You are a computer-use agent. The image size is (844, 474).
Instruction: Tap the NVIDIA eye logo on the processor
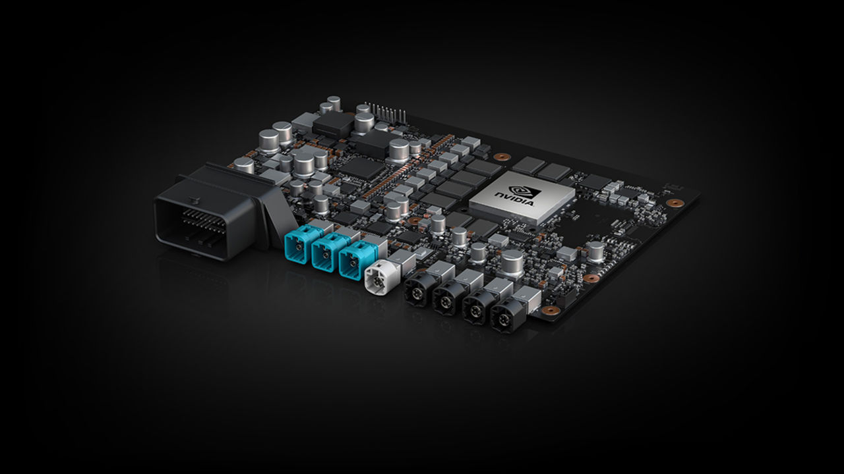[527, 191]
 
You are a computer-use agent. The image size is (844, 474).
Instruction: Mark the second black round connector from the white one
[446, 300]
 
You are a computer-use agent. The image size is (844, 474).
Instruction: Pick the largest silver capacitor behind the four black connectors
[512, 263]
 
